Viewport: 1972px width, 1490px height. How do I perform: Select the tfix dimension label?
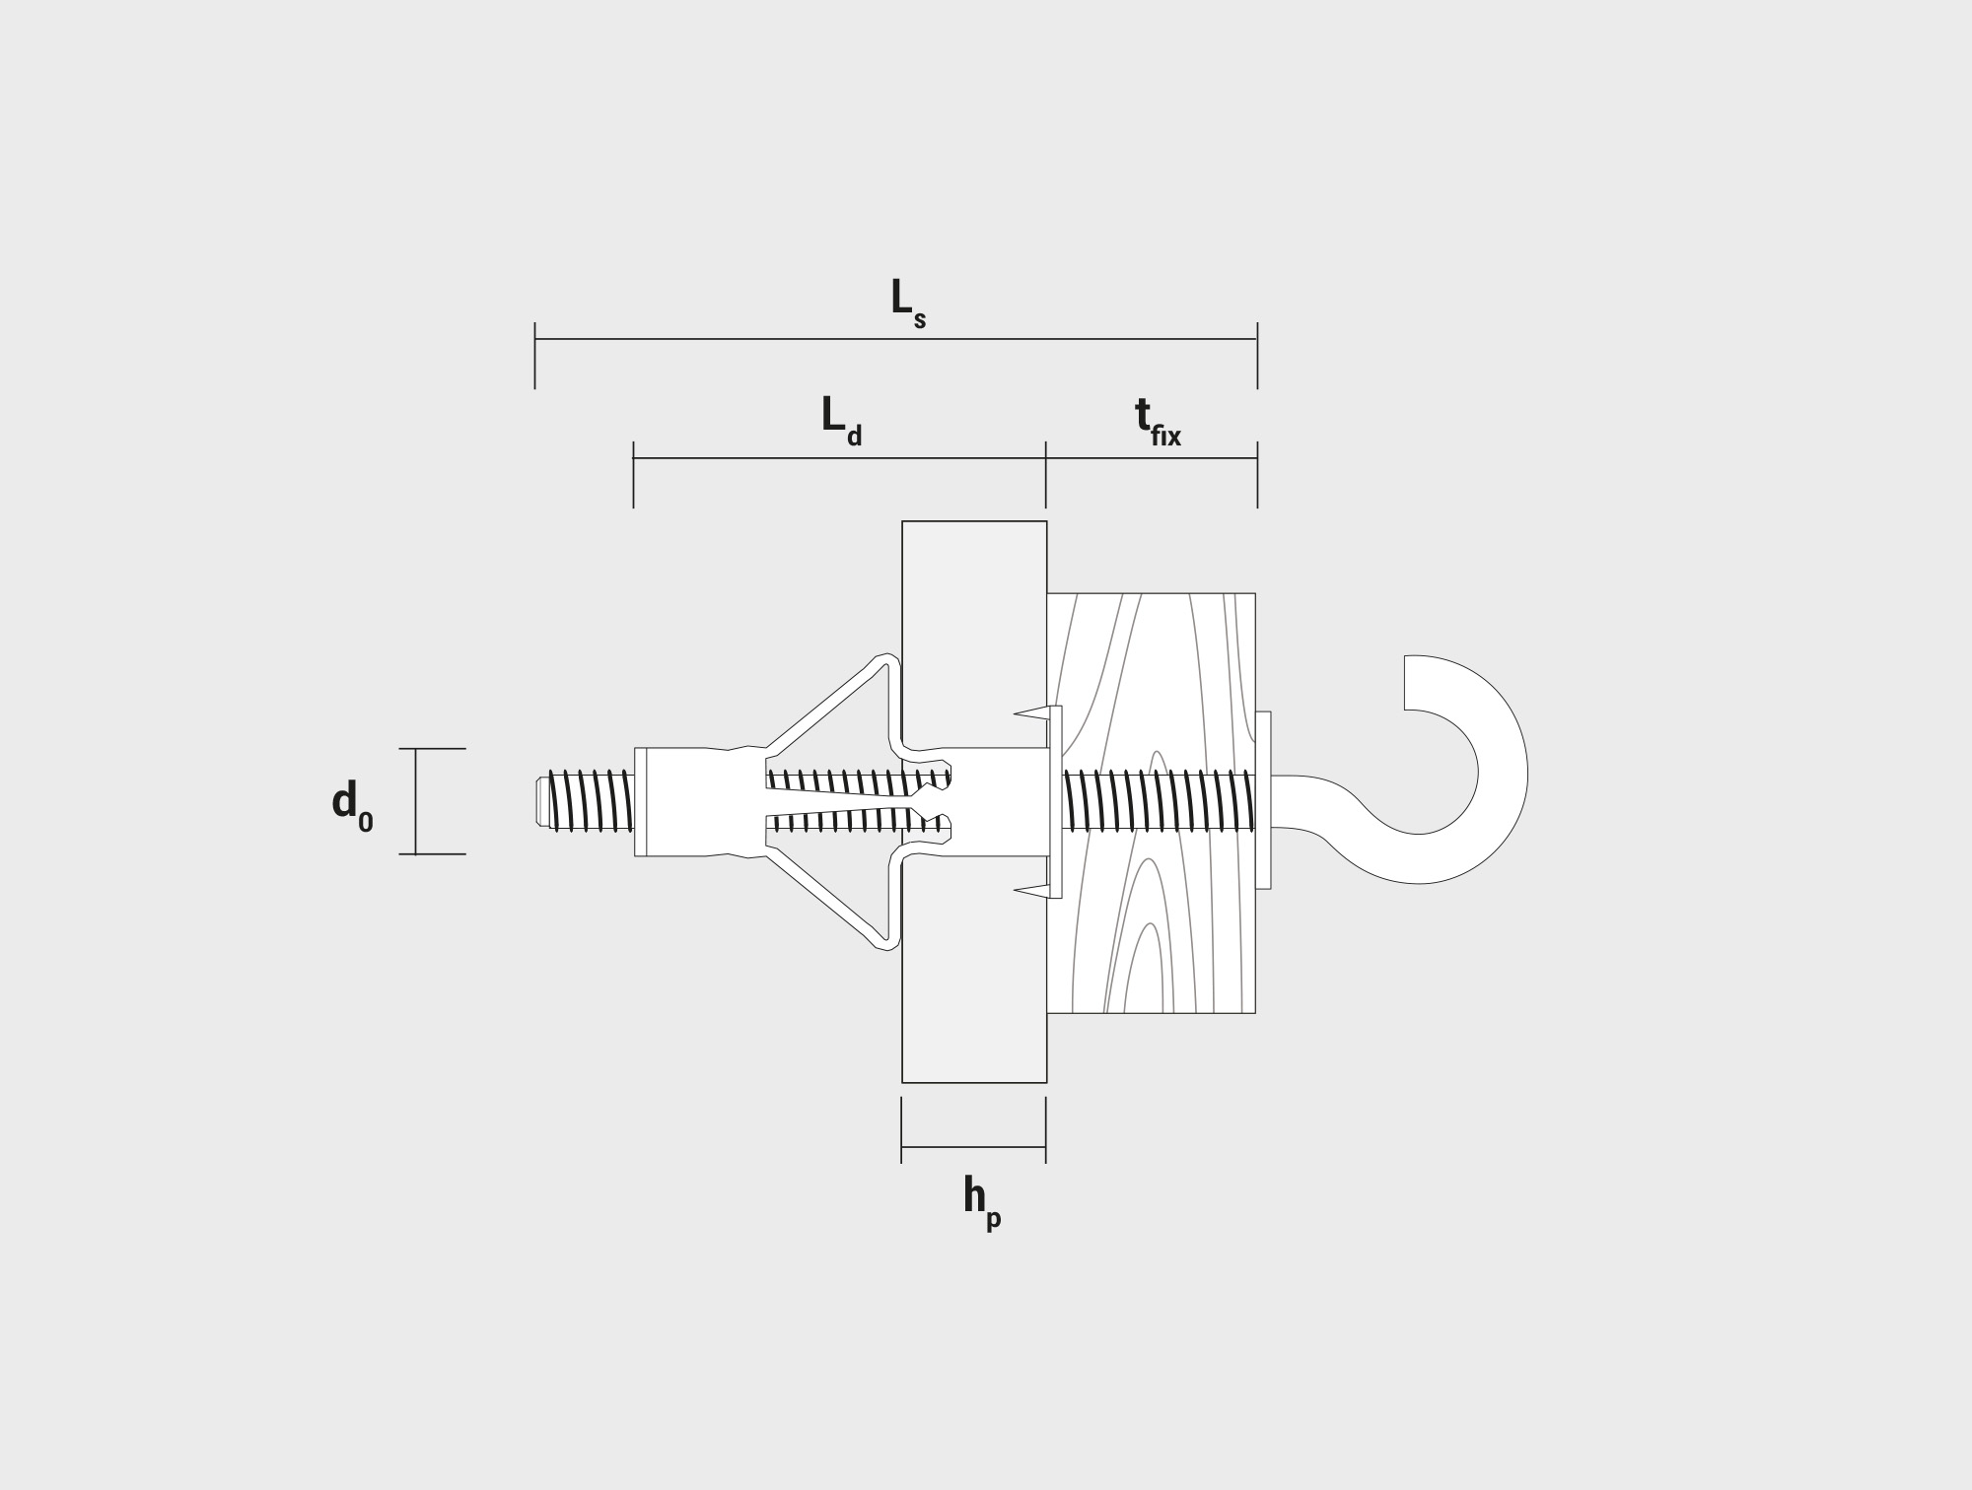1158,422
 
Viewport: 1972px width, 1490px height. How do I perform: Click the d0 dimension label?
353,806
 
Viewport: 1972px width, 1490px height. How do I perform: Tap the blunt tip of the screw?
541,802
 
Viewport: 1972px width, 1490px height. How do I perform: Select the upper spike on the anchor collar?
1032,712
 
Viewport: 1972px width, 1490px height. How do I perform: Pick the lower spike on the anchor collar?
1032,892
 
